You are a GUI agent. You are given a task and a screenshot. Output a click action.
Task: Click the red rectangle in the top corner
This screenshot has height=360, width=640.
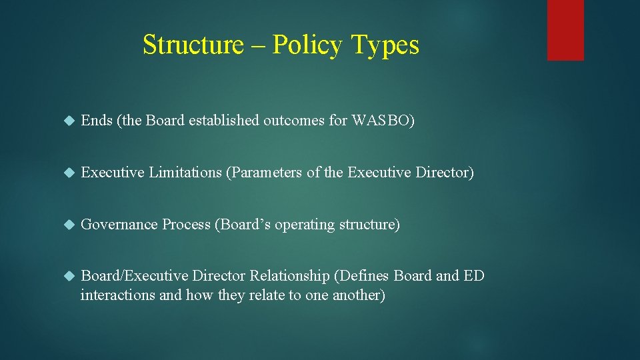point(565,30)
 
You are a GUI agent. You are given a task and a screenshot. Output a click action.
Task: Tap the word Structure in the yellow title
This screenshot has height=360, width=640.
point(193,45)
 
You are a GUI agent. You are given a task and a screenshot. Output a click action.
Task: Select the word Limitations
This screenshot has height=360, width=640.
point(185,173)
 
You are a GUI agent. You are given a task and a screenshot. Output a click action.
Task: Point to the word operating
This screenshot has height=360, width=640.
point(305,225)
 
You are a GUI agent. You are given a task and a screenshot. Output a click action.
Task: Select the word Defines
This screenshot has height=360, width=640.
point(364,276)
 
